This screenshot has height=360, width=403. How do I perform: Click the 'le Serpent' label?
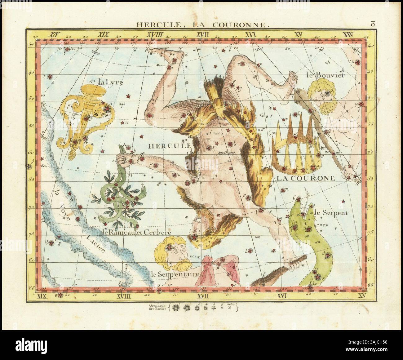331,213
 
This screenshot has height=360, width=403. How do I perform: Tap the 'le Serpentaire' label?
174,274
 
